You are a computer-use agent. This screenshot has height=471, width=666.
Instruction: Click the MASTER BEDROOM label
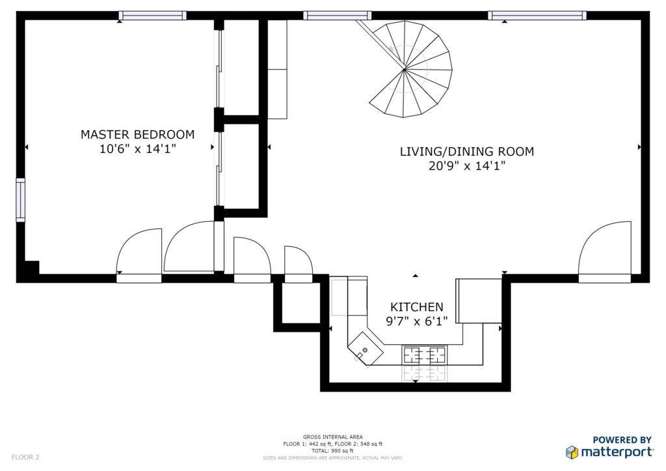[138, 135]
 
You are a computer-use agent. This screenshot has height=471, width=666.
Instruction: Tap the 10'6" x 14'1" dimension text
[138, 149]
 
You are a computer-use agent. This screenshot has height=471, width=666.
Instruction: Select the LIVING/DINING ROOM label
[467, 152]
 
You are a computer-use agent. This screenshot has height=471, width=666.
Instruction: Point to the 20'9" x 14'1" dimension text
[467, 166]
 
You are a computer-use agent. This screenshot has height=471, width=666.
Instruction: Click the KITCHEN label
[417, 307]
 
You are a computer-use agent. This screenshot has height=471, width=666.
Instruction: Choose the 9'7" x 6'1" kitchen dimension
[417, 321]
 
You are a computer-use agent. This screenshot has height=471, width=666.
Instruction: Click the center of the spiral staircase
[405, 69]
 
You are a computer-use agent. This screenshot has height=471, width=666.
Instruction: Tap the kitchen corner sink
[366, 349]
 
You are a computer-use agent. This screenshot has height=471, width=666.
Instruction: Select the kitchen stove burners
[424, 355]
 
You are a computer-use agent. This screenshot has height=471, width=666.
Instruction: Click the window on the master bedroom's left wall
[20, 200]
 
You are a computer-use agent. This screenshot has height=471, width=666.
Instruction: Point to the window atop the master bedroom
[152, 16]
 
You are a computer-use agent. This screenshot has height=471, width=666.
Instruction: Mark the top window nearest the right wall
[537, 16]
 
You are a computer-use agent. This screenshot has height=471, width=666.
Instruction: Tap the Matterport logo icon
[572, 452]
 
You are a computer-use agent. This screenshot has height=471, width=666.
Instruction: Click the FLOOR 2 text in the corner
[25, 457]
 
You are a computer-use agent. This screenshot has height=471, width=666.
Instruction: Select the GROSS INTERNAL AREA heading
[332, 437]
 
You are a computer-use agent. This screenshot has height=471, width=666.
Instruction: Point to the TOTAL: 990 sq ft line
[332, 451]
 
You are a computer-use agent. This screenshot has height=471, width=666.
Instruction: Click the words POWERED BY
[622, 440]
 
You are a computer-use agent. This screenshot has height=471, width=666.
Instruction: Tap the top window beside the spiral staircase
[338, 16]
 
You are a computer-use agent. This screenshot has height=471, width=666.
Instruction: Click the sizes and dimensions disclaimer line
[332, 458]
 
